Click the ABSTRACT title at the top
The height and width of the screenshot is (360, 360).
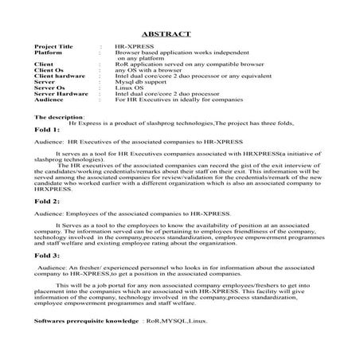165,34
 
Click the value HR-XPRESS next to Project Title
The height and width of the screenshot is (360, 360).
132,47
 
